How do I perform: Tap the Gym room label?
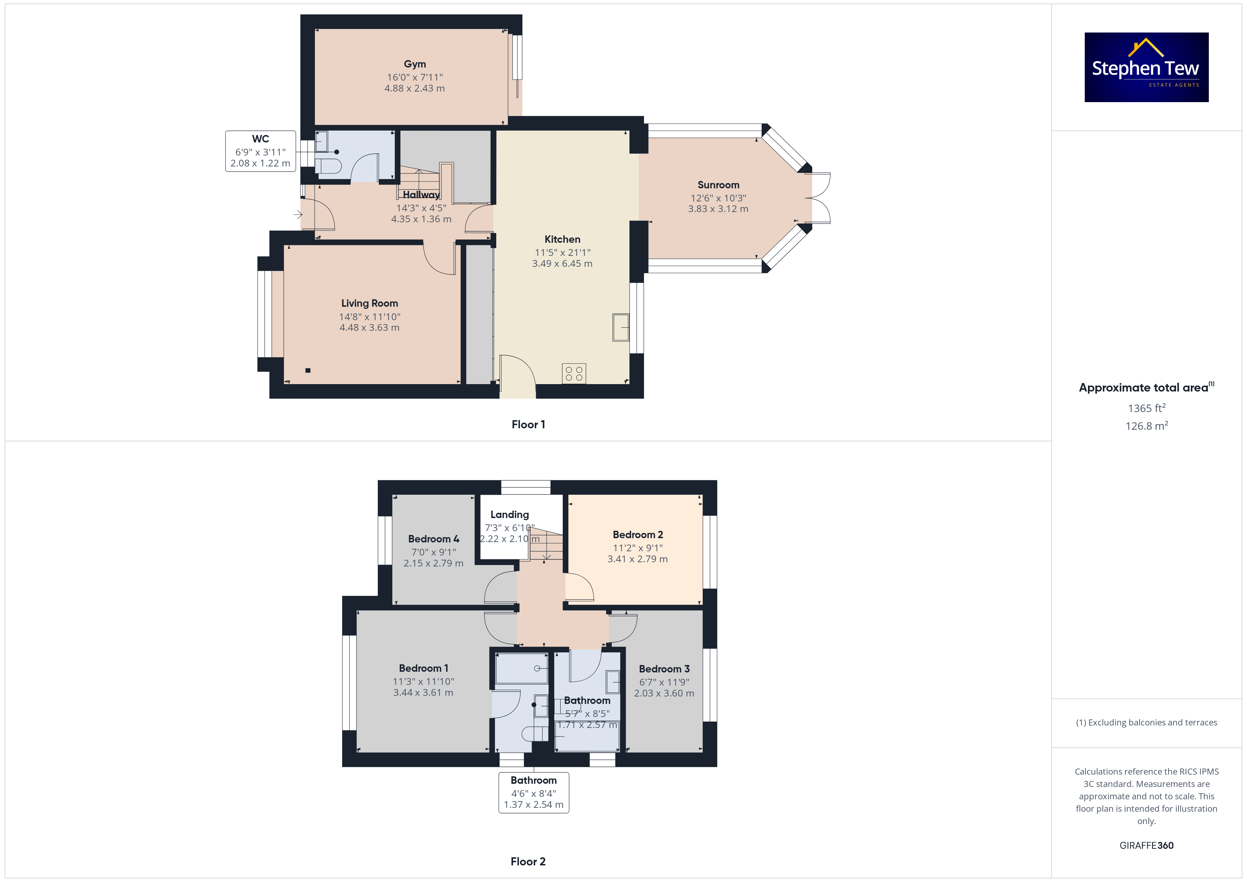point(415,64)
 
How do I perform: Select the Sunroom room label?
point(719,185)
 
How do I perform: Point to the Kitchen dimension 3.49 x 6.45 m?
point(562,263)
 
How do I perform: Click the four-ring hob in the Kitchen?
point(574,374)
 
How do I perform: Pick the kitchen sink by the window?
point(621,328)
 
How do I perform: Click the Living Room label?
point(369,304)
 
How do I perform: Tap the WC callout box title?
point(261,139)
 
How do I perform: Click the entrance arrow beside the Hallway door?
point(298,214)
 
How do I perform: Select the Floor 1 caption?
point(528,425)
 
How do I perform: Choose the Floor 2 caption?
point(528,862)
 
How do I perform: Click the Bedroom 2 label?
point(638,535)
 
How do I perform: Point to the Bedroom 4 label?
point(433,539)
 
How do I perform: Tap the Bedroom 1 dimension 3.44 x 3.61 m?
point(423,693)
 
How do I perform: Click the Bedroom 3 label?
point(664,669)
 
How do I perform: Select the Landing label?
point(509,514)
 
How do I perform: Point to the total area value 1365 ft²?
point(1147,408)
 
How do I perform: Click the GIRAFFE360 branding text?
point(1147,846)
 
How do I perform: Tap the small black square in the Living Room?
point(308,370)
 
